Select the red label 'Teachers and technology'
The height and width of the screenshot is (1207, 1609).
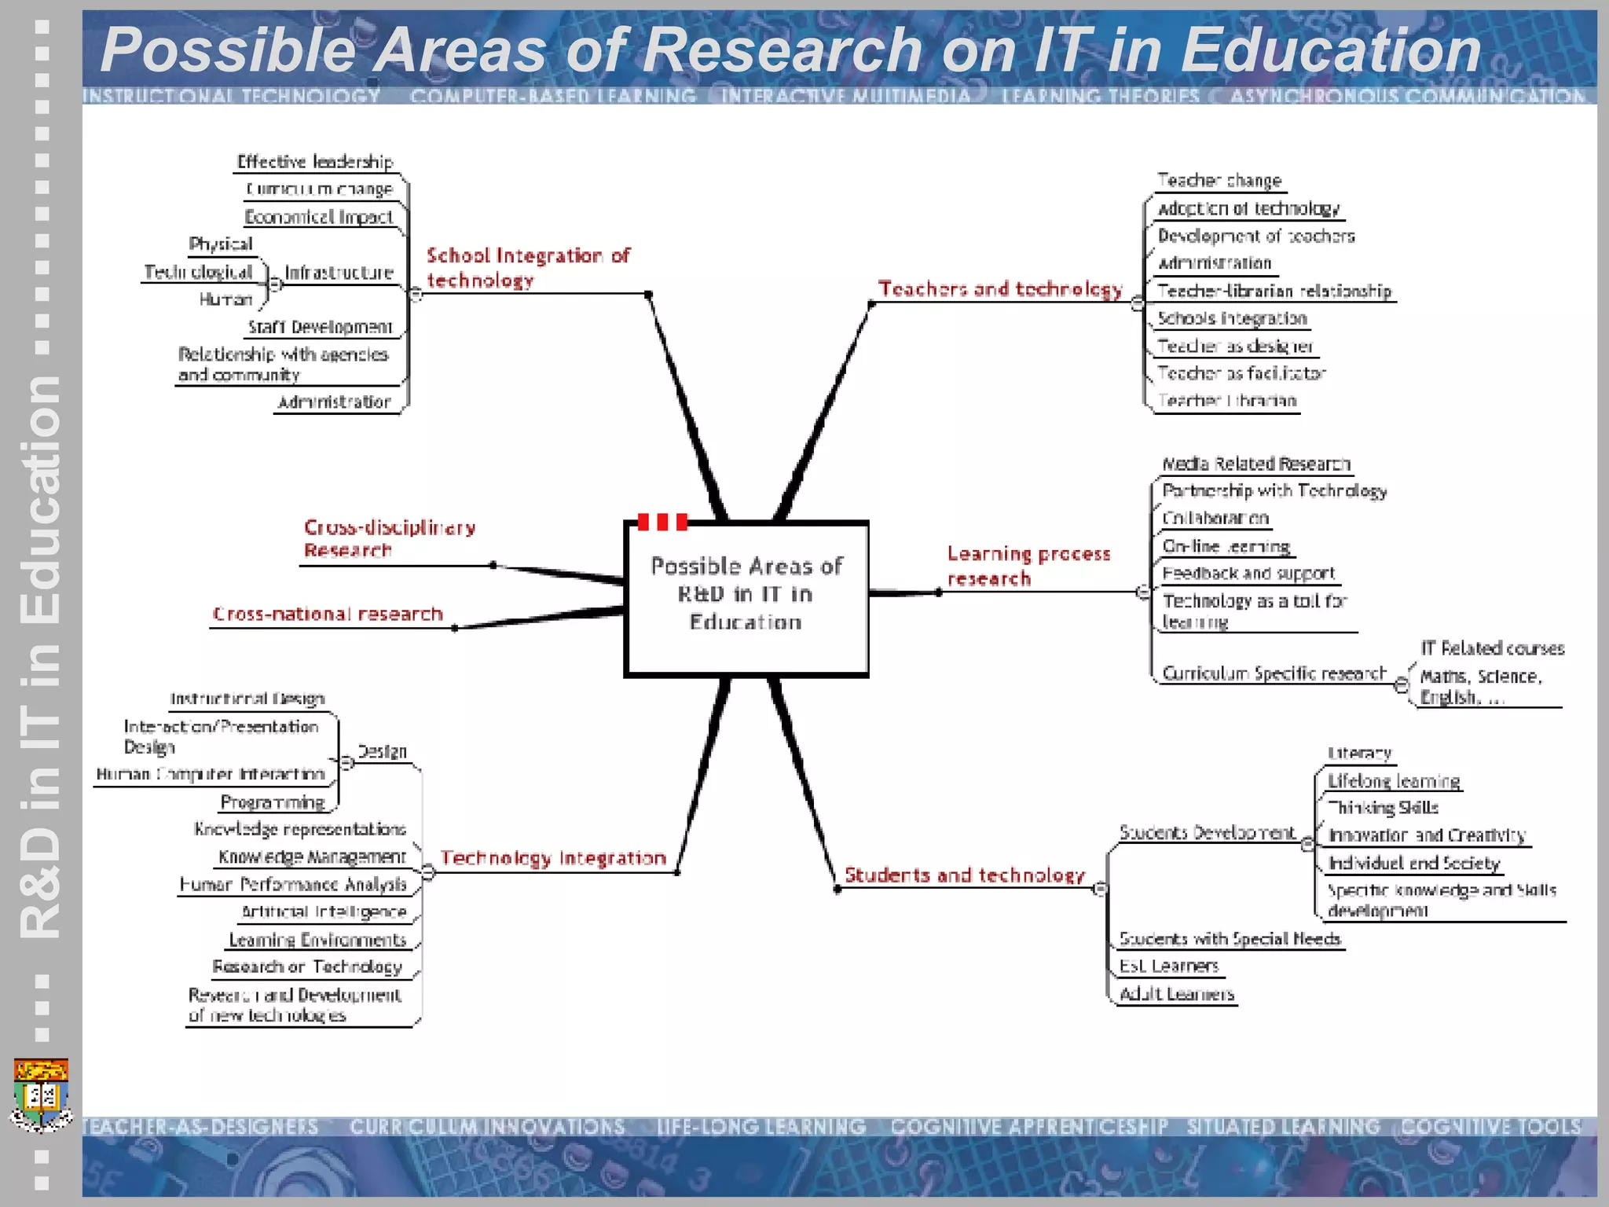[1000, 289]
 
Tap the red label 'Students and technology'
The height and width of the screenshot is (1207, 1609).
[964, 875]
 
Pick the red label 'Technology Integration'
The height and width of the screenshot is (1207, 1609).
[553, 858]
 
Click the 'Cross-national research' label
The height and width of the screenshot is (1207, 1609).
[328, 614]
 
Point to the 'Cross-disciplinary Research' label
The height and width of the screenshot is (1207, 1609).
[389, 538]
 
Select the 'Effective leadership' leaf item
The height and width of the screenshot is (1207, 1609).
[314, 162]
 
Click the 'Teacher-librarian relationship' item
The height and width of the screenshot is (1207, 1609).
[1274, 291]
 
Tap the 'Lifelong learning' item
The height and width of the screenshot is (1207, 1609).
[1393, 781]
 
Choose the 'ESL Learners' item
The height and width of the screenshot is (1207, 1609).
[1168, 966]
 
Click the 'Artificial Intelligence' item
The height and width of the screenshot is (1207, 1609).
[324, 912]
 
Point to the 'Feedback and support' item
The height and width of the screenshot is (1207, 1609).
[1248, 574]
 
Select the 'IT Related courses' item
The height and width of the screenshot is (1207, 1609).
[1492, 648]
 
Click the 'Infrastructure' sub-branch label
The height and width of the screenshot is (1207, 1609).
[339, 273]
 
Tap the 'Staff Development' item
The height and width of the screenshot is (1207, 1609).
[320, 327]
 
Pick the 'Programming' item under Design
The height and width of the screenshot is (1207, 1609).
[273, 802]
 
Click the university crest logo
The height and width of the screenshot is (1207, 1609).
[42, 1095]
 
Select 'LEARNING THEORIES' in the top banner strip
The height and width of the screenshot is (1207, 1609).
[1100, 96]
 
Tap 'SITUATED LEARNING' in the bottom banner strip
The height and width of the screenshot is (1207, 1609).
[1283, 1127]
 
